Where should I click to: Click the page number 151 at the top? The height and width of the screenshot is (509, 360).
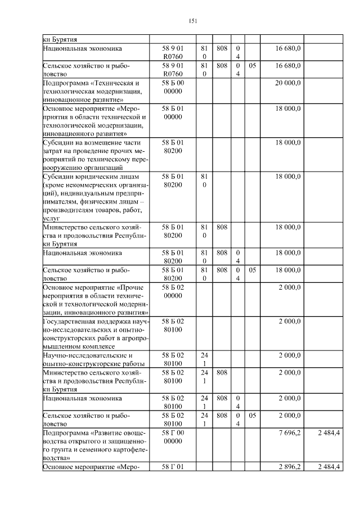click(x=192, y=21)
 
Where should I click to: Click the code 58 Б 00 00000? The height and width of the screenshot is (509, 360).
click(x=173, y=87)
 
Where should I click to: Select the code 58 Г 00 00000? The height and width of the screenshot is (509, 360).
click(x=173, y=436)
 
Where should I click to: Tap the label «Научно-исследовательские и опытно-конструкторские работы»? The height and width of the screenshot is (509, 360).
click(x=92, y=360)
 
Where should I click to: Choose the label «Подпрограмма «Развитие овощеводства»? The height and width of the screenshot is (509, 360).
click(x=93, y=445)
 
